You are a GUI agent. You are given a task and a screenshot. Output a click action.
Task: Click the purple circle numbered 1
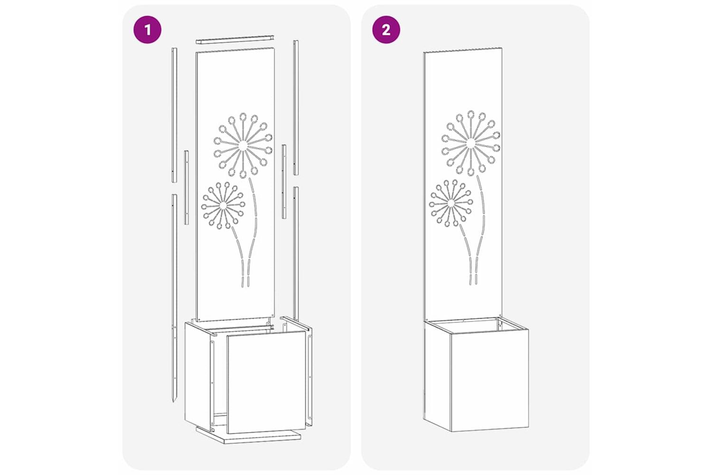(x=147, y=30)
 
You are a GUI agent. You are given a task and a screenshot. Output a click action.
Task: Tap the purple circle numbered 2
(x=386, y=30)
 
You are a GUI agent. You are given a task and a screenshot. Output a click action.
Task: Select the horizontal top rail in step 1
(x=234, y=39)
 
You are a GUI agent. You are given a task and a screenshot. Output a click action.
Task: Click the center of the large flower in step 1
(x=243, y=145)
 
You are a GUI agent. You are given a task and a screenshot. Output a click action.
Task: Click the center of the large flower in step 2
(x=471, y=142)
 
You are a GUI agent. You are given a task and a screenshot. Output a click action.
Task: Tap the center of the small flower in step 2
(x=450, y=203)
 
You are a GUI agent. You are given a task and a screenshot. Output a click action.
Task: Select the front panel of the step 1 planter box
(x=266, y=381)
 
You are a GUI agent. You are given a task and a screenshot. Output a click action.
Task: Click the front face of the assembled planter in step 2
(x=489, y=380)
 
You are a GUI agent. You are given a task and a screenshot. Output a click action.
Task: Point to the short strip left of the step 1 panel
(x=186, y=188)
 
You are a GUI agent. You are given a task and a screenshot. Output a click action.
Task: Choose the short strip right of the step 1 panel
(x=284, y=181)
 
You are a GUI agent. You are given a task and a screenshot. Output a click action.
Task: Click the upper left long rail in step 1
(x=174, y=115)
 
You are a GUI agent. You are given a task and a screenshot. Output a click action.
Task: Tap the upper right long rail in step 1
(x=296, y=107)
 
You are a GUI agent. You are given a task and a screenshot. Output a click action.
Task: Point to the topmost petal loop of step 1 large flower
(x=243, y=116)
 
